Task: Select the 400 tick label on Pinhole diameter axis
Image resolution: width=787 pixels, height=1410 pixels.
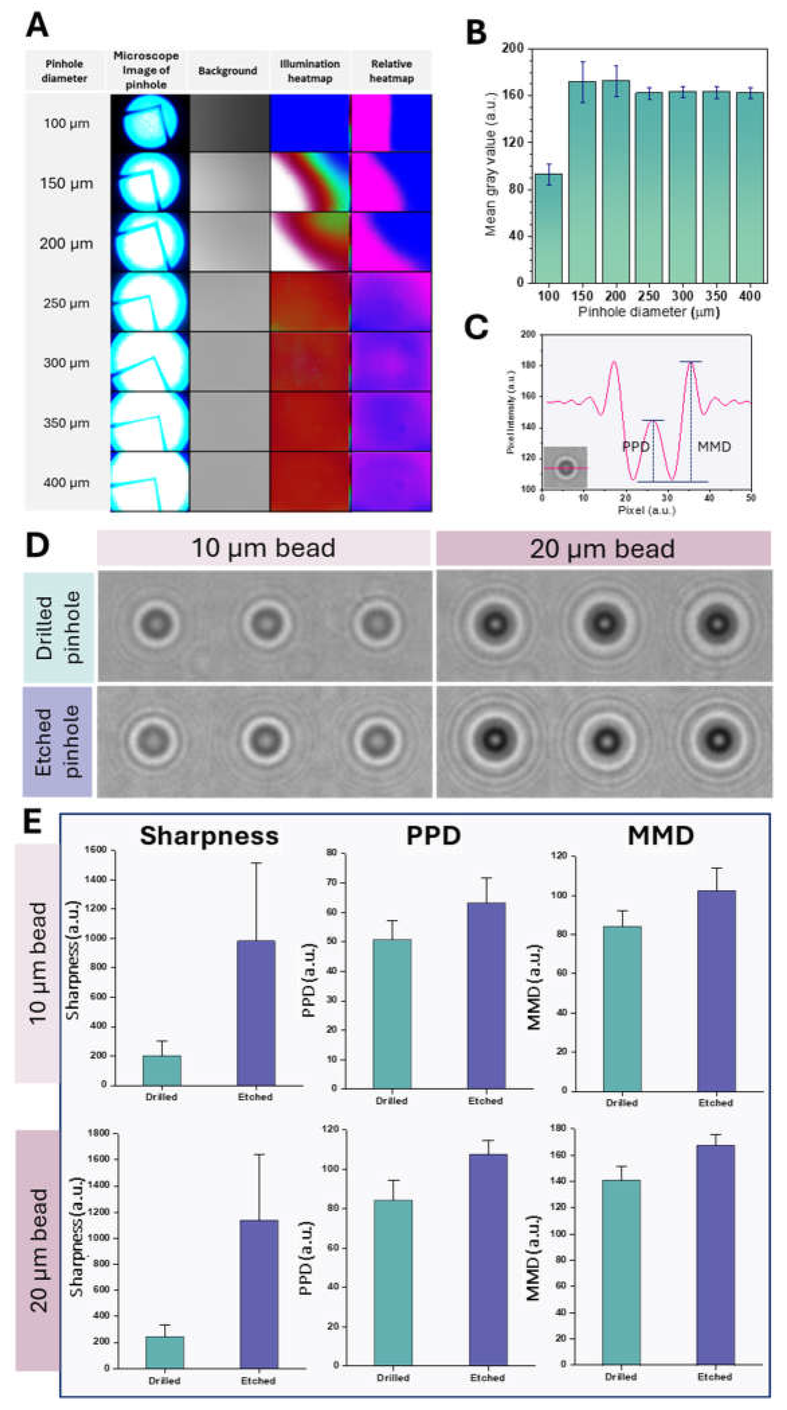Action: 749,296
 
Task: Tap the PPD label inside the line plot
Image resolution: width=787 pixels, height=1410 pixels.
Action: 636,447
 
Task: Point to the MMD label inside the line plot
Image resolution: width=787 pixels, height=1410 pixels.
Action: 714,447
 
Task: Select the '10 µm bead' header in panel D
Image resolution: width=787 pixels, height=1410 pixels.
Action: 264,548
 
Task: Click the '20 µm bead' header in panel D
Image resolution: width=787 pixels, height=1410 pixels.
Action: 603,548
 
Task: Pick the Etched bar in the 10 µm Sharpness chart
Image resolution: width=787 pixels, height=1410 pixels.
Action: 256,1013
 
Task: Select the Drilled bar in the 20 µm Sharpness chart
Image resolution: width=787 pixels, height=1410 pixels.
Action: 165,1352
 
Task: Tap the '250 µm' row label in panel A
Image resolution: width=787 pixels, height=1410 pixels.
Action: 66,303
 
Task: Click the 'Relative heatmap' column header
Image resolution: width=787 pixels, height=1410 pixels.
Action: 391,71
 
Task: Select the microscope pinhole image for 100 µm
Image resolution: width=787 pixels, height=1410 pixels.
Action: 150,123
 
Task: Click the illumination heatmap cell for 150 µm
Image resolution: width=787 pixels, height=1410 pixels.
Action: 310,182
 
